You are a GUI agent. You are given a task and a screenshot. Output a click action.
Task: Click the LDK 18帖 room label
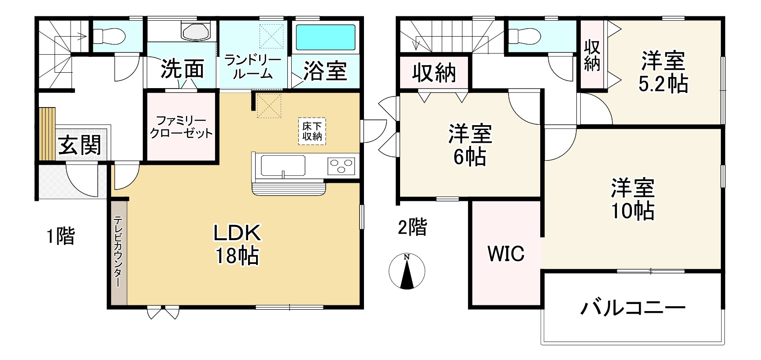point(237,244)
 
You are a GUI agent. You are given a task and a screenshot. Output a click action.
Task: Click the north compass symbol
point(407,271)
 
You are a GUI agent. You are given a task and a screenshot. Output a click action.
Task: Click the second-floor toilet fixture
point(523,36)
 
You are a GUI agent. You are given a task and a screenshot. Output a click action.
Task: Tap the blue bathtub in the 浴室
point(326,37)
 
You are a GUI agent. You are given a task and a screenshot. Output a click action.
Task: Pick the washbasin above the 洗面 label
point(196,31)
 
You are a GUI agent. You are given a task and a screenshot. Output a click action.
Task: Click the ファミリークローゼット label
point(181,126)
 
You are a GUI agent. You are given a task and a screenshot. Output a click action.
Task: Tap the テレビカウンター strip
point(118,252)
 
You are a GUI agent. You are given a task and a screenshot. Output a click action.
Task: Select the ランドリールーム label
point(253,67)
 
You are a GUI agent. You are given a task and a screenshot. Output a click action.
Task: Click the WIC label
point(506,254)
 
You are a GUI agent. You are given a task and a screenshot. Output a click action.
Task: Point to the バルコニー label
point(632,308)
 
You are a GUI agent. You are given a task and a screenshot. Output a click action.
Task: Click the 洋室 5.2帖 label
point(663,72)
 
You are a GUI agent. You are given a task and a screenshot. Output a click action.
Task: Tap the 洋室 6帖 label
point(470,145)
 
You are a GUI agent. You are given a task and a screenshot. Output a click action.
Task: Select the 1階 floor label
point(61,236)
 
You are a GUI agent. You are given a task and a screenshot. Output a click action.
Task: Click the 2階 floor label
point(412,227)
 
